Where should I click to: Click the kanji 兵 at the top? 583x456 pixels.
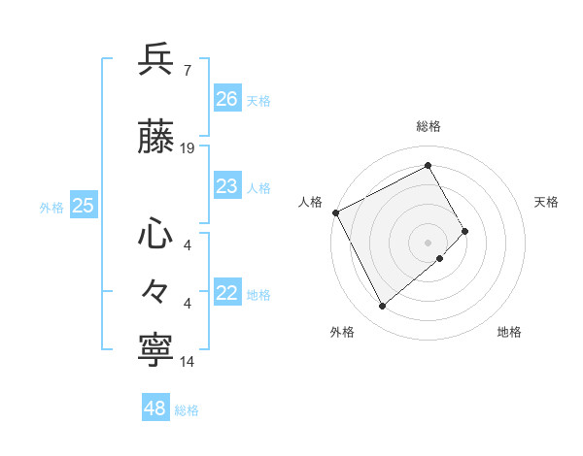pos(157,60)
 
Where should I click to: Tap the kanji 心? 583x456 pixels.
pos(157,235)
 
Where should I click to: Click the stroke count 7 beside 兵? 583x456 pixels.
pos(187,71)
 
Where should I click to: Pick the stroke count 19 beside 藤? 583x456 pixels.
pos(188,148)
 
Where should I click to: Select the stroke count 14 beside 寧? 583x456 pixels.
pos(188,362)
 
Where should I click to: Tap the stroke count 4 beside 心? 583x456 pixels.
pos(187,245)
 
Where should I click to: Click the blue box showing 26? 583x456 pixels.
pos(226,99)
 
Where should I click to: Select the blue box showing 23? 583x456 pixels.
pos(226,186)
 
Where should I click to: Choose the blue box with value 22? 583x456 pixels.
pos(226,293)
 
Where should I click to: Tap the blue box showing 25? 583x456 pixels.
pos(83,205)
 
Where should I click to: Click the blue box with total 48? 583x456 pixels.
pos(154,408)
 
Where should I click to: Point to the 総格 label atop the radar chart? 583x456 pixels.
pos(429,126)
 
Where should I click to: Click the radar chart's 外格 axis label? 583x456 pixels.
pos(342,332)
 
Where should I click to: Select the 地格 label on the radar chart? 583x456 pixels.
pos(509,332)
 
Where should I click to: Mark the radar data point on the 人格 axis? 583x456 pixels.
pos(335,212)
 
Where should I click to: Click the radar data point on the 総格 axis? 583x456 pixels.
pos(429,165)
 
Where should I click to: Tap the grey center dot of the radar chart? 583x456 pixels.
pos(429,242)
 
